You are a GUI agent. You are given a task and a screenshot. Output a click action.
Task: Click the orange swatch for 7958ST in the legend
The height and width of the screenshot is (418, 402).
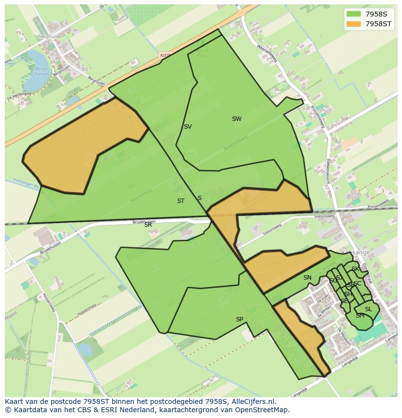[x=354, y=23]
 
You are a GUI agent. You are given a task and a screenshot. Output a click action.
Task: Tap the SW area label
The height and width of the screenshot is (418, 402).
[x=236, y=119]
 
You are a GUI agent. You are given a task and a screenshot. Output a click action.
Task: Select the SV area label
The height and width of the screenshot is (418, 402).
[x=187, y=127]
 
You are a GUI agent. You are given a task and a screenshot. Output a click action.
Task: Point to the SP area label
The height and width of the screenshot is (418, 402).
[x=239, y=319]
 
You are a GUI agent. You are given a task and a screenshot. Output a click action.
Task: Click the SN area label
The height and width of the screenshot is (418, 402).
[x=307, y=278]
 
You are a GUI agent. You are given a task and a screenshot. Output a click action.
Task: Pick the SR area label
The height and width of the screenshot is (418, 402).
[x=148, y=225]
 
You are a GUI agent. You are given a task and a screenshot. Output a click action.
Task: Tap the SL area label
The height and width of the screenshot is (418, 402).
[x=368, y=309]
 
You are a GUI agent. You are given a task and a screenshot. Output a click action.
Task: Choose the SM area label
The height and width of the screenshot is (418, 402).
[x=360, y=316]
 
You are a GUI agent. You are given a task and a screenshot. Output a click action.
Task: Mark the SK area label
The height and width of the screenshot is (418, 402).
[x=355, y=269]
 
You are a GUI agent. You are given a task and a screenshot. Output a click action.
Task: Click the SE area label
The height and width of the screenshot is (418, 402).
[x=344, y=301]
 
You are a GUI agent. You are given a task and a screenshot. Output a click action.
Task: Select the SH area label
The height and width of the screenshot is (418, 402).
[x=348, y=294]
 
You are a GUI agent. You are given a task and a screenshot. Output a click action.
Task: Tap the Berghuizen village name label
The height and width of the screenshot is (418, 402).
[x=50, y=36]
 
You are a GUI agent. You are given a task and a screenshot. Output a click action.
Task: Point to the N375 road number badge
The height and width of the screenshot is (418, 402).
[x=165, y=56]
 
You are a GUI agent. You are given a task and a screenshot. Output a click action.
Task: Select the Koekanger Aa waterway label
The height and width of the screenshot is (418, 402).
[x=22, y=183]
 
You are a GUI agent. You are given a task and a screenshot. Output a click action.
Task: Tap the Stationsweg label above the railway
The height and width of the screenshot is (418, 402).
[x=324, y=217]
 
